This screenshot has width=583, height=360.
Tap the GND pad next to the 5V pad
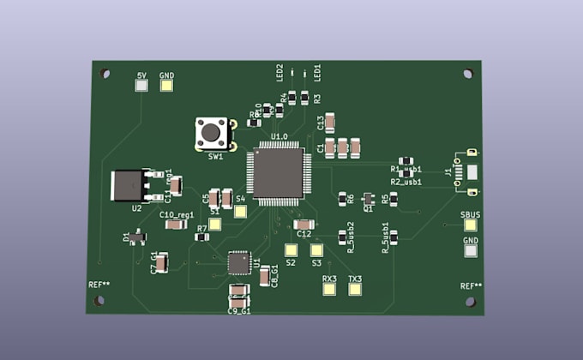(x=166, y=87)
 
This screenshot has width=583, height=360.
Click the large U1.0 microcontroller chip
(x=276, y=175)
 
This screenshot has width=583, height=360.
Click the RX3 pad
(x=329, y=290)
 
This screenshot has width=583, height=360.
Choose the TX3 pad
(x=355, y=290)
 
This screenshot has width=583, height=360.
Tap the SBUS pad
(x=470, y=226)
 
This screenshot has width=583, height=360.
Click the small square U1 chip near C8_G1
(x=239, y=263)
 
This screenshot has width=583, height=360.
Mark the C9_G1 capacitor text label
(x=238, y=311)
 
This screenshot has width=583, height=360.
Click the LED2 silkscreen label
(x=279, y=71)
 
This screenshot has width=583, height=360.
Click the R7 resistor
(x=202, y=237)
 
